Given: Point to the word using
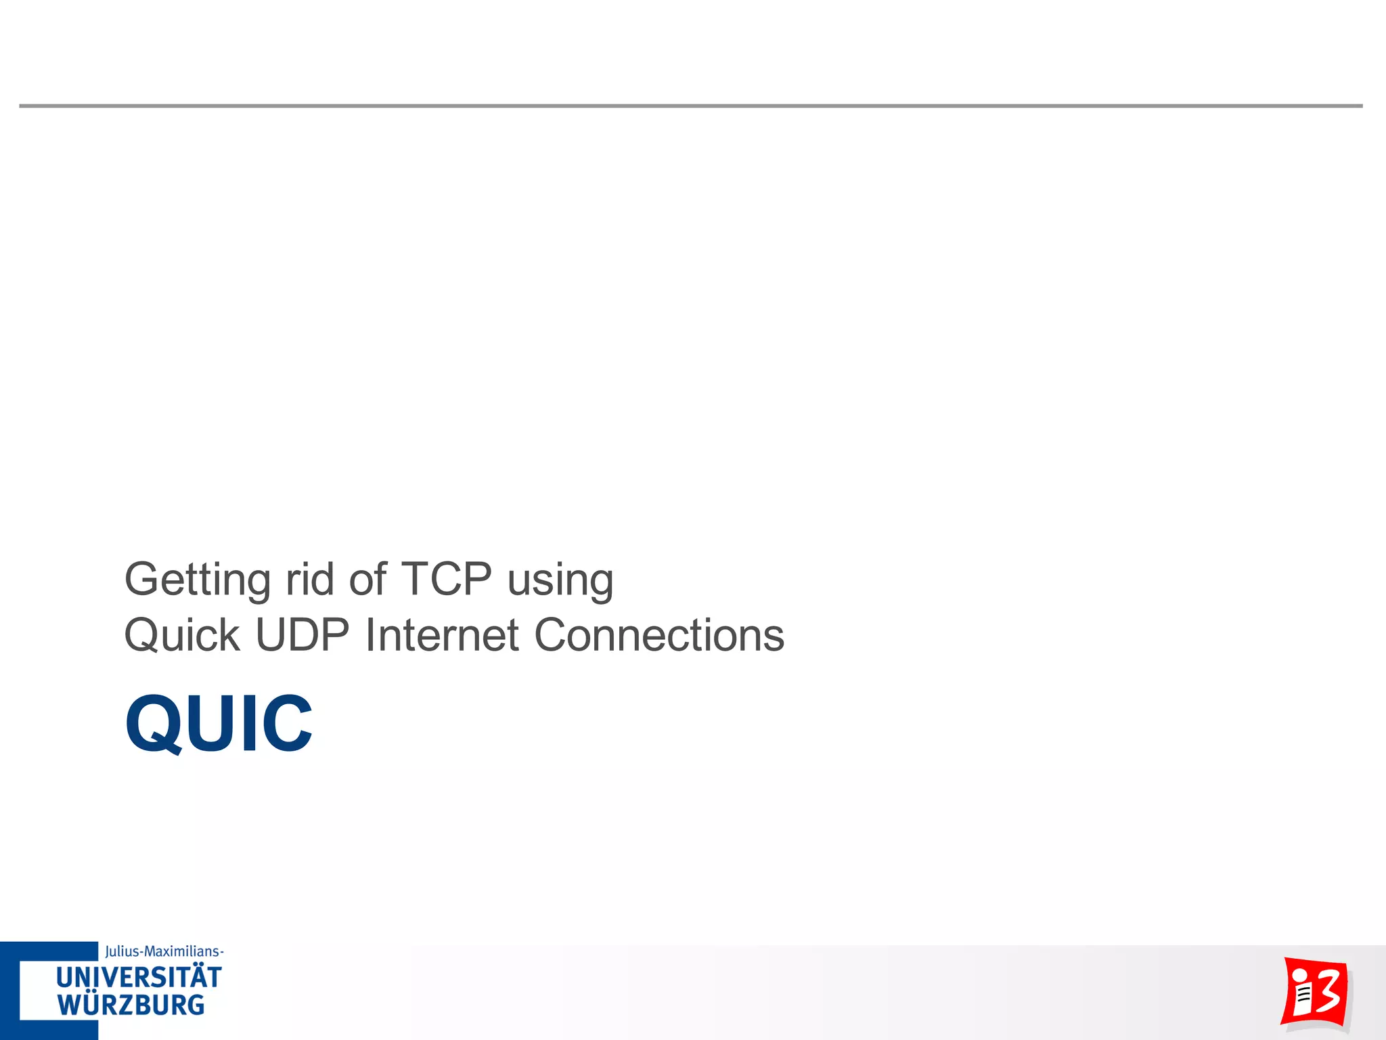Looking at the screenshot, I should click(x=560, y=580).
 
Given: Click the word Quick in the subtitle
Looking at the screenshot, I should click(x=182, y=636).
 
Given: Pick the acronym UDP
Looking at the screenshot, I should click(x=302, y=636).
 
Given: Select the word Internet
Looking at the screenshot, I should click(x=442, y=636).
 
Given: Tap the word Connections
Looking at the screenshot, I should click(x=659, y=636).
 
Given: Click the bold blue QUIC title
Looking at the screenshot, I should click(x=219, y=723).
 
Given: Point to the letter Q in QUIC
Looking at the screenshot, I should click(x=153, y=723).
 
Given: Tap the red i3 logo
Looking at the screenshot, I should click(x=1314, y=993).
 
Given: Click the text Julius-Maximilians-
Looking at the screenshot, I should click(x=164, y=951).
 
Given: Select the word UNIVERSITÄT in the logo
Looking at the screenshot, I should click(x=139, y=978).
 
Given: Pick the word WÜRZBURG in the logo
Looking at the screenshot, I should click(x=131, y=1005).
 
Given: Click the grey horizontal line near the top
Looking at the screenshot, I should click(x=690, y=106).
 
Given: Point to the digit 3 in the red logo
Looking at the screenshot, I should click(x=1327, y=991).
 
